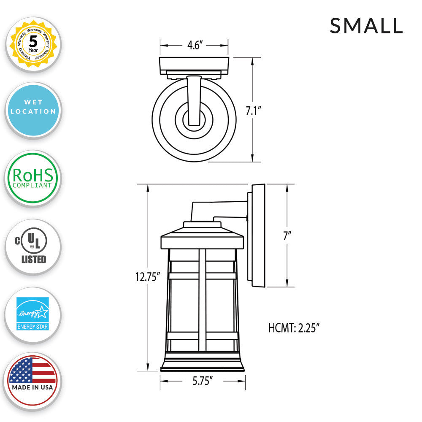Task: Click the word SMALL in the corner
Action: (366, 26)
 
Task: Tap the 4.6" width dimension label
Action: (195, 45)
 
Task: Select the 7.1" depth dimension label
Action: (254, 111)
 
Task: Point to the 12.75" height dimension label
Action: (147, 277)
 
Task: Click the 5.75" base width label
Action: (203, 381)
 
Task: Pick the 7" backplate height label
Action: (287, 236)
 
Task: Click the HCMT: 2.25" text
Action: (294, 328)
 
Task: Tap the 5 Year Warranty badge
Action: (33, 44)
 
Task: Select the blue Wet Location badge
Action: (33, 110)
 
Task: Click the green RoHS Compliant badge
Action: (33, 178)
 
